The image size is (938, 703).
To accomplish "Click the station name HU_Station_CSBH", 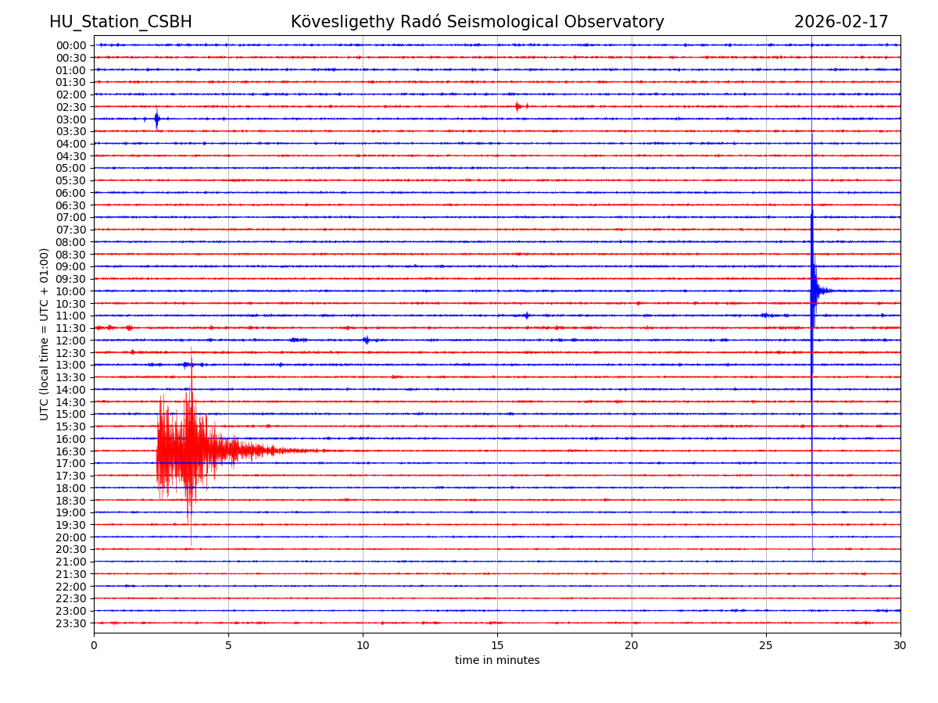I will (120, 23).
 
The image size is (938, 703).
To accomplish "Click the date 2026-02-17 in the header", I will (841, 23).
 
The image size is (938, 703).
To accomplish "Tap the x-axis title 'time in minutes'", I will (497, 661).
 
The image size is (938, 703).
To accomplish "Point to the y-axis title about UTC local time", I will (45, 334).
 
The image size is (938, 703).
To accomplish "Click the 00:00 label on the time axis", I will (71, 45).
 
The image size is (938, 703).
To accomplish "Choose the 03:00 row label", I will (71, 120).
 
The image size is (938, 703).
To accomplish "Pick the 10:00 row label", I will (71, 291).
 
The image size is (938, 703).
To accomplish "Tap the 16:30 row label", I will (71, 451).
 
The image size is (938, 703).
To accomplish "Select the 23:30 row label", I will (71, 623).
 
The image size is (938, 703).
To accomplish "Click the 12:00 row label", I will (71, 341).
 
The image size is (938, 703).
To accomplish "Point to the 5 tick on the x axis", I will (228, 646).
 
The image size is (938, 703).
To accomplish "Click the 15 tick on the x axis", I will (497, 646).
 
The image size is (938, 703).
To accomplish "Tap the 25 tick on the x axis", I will (766, 646).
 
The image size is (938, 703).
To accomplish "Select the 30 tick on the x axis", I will (900, 646).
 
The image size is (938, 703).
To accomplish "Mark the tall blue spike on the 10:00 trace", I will (813, 291).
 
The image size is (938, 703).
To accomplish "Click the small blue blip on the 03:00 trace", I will (156, 119).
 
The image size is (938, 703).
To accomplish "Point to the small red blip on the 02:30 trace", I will (518, 106).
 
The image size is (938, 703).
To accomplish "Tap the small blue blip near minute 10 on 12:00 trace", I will (366, 340).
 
